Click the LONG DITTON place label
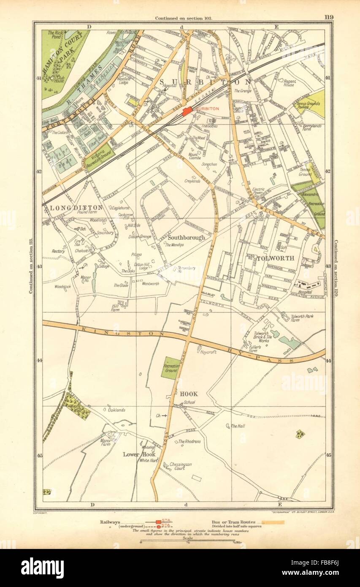(x=76, y=207)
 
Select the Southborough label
(x=186, y=237)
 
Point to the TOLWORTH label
(x=275, y=258)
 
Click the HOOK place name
(x=186, y=394)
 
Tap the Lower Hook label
(x=136, y=455)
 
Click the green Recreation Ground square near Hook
(x=171, y=368)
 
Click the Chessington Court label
(x=180, y=466)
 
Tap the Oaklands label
(x=116, y=410)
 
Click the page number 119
(x=329, y=17)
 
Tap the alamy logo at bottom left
(x=43, y=568)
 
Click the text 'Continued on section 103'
(x=183, y=18)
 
